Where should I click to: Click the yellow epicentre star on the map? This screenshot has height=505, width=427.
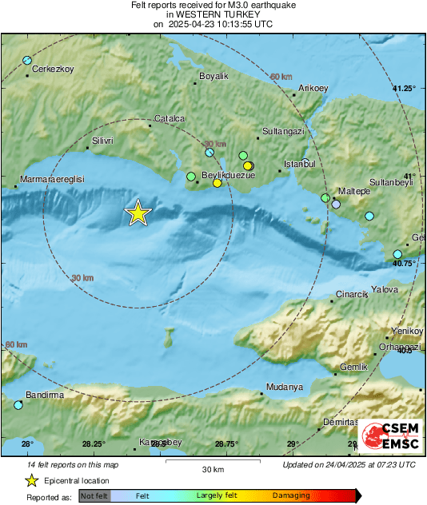pyautogui.click(x=138, y=213)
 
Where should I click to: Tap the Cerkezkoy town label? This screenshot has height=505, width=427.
pyautogui.click(x=53, y=70)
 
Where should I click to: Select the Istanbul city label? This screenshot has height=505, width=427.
pyautogui.click(x=300, y=164)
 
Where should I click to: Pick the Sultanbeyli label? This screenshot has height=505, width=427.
pyautogui.click(x=395, y=182)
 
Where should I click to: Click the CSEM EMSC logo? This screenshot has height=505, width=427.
pyautogui.click(x=387, y=436)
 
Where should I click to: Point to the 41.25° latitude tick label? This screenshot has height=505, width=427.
pyautogui.click(x=404, y=88)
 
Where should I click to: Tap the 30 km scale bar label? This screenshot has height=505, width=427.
pyautogui.click(x=213, y=468)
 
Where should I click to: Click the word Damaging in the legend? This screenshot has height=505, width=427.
pyautogui.click(x=291, y=495)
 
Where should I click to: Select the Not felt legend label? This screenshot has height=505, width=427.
pyautogui.click(x=94, y=495)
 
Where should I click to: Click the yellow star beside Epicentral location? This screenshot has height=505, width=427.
pyautogui.click(x=31, y=480)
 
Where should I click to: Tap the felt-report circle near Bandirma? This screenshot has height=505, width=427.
pyautogui.click(x=18, y=405)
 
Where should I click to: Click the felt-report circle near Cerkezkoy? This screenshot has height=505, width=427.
pyautogui.click(x=27, y=61)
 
